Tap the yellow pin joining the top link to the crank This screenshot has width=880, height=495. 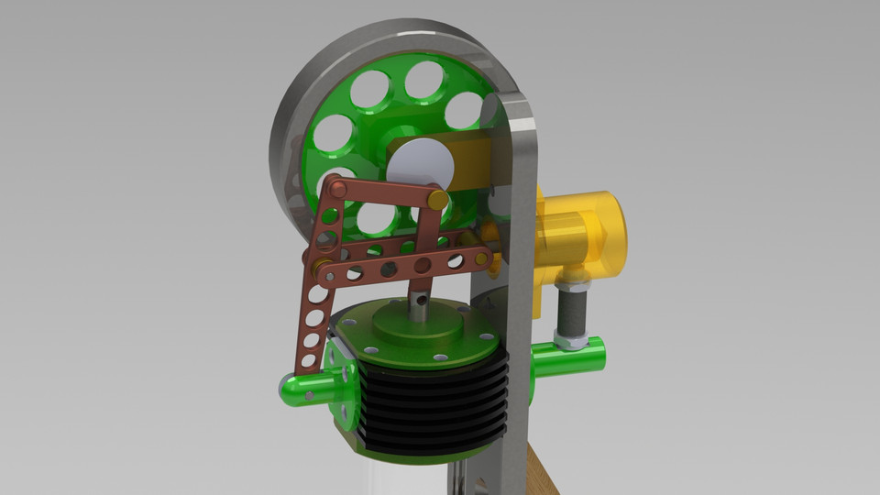438,199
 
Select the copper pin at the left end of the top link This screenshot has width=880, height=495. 338,190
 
